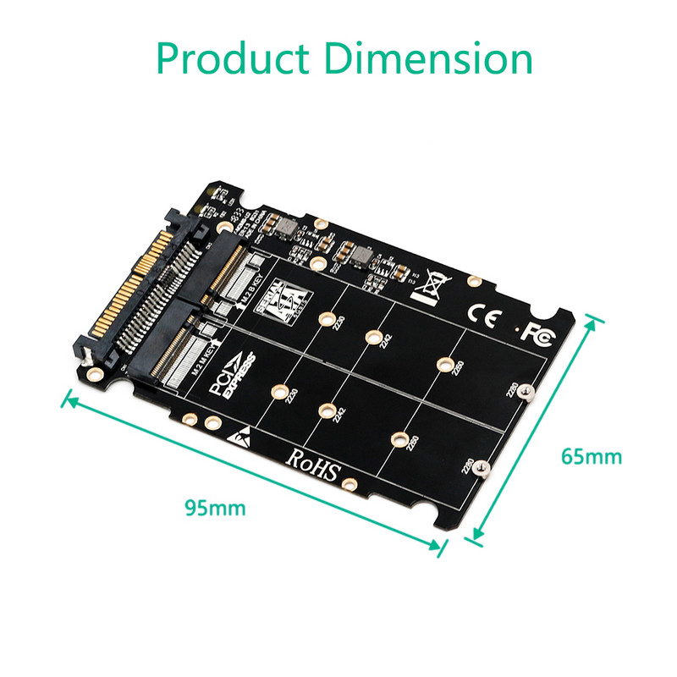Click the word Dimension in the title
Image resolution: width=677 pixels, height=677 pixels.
429,59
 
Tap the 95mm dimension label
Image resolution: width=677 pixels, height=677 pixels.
216,508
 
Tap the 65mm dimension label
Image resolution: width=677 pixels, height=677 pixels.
592,457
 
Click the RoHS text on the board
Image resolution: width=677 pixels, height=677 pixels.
312,462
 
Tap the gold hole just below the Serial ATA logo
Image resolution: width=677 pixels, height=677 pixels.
325,320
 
